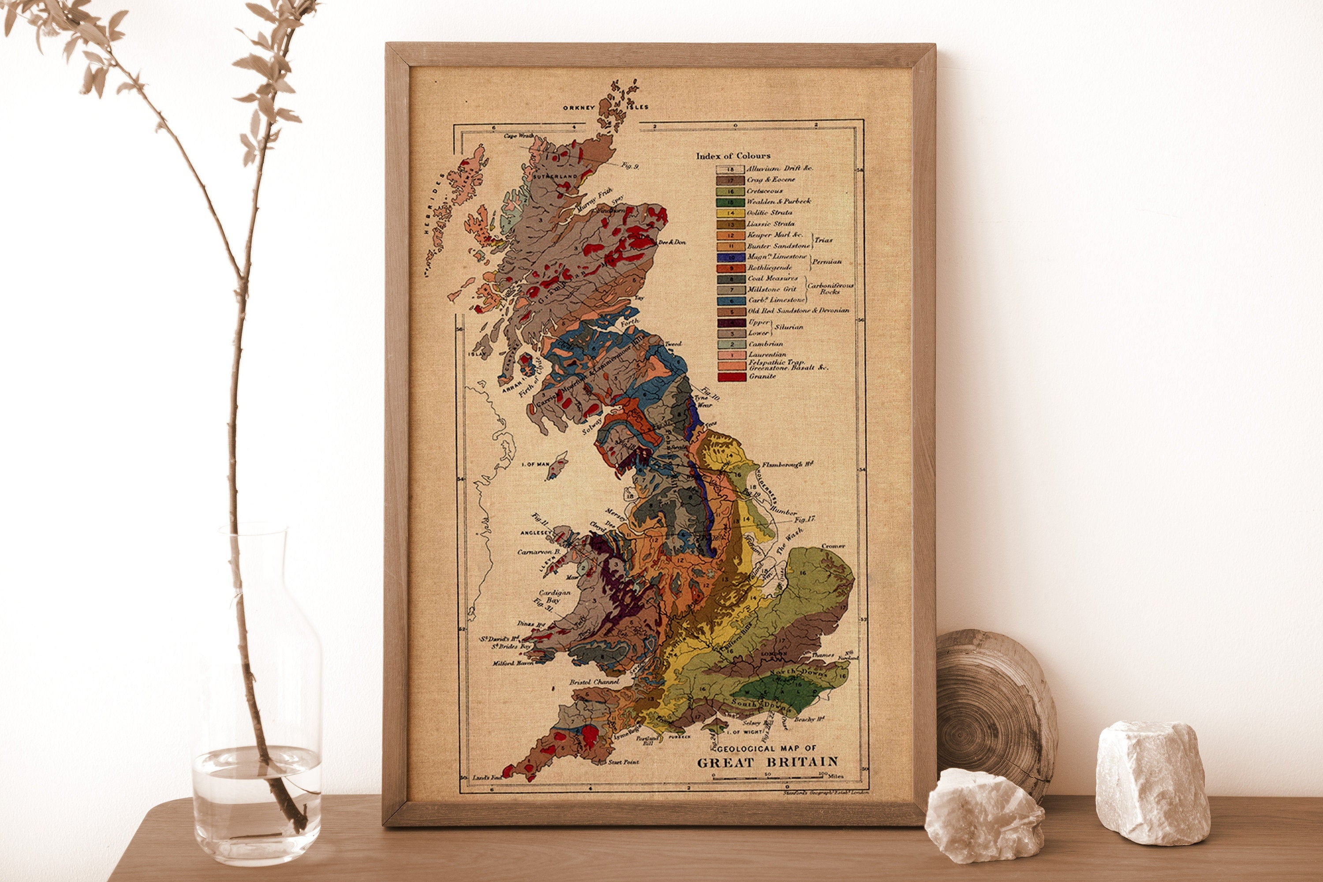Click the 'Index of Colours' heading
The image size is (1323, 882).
pos(733,156)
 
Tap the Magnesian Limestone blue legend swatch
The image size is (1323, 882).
pos(729,257)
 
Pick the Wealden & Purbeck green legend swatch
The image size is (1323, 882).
pos(729,202)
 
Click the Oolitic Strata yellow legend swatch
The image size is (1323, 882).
pos(729,213)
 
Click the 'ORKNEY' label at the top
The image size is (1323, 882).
pos(579,108)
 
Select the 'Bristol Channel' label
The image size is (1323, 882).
pos(594,682)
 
